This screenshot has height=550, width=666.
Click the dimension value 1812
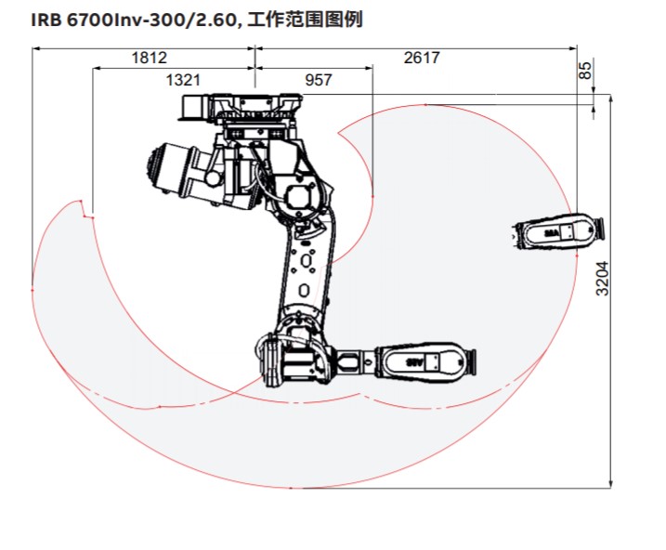(x=149, y=58)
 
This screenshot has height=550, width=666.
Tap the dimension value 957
(x=318, y=80)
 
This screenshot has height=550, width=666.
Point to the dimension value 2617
(x=422, y=58)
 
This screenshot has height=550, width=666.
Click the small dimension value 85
(x=584, y=70)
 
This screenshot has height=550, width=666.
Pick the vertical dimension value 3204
(x=603, y=278)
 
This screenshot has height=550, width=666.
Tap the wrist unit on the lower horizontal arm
(x=425, y=362)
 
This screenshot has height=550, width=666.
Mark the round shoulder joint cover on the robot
(x=299, y=197)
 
